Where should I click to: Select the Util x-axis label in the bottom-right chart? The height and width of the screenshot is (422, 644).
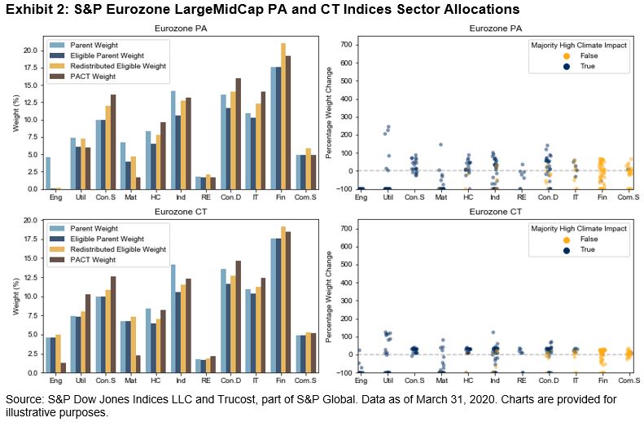388,380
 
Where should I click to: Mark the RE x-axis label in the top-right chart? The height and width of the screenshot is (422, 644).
522,197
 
